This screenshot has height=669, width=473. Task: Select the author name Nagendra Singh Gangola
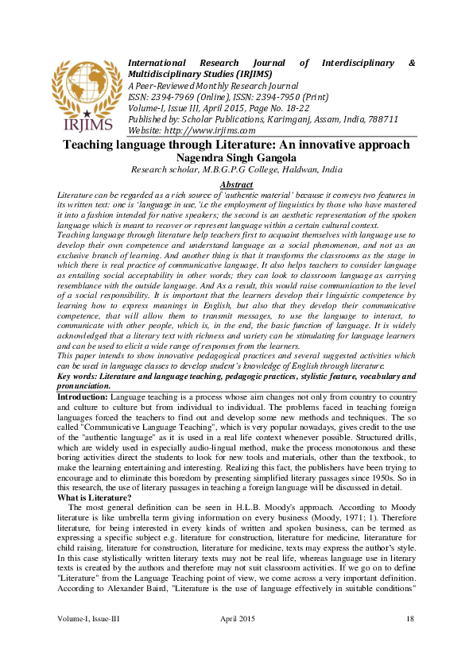(x=236, y=157)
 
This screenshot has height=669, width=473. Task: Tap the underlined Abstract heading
(x=235, y=184)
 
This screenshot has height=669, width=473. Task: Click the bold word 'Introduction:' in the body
(x=83, y=395)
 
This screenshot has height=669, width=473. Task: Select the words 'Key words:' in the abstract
(x=80, y=375)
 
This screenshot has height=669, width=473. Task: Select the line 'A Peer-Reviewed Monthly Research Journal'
(x=213, y=86)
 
